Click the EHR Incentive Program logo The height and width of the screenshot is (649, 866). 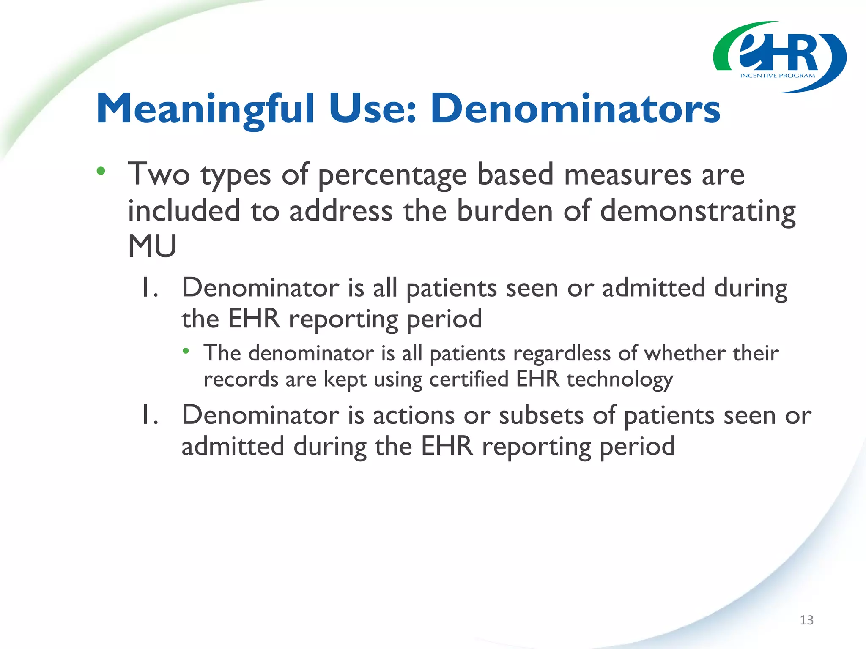pos(779,57)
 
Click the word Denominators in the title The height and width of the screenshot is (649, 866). pos(575,109)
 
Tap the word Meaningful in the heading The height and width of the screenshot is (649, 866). pos(206,109)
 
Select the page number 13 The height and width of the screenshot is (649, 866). pos(806,620)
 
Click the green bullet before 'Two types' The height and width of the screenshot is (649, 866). pos(101,171)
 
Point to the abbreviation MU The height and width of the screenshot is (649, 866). pos(152,246)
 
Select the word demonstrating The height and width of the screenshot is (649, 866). pos(698,211)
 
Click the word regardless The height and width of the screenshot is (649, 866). pos(562,354)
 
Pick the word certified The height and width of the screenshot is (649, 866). pos(469,379)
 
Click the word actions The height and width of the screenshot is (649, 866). pos(414,415)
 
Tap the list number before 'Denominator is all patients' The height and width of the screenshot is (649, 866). pos(149,288)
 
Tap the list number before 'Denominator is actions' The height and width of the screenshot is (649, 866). pos(149,415)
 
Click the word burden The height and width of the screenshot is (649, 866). pos(504,211)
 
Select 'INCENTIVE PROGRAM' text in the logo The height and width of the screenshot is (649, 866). pos(777,76)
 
